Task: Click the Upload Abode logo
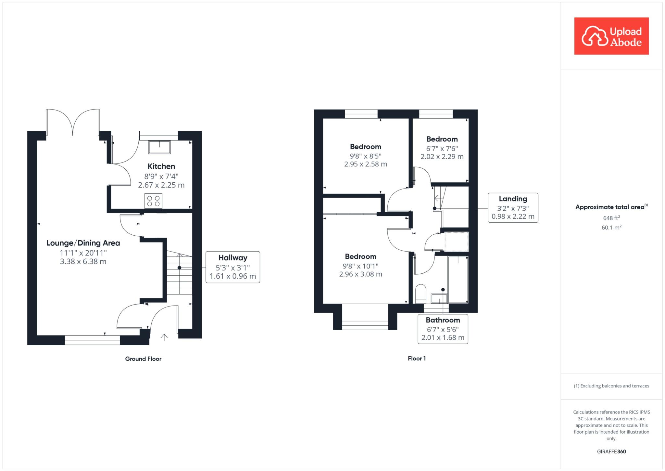611,36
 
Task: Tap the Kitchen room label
161,166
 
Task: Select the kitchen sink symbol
159,147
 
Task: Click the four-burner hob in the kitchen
154,201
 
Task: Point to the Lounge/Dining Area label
83,243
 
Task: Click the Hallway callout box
233,267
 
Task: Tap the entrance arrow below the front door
164,337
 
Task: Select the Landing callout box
513,208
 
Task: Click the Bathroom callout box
443,329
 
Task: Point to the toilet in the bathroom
421,294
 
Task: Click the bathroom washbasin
439,298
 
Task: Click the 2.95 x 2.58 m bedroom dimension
366,164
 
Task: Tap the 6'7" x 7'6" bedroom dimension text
442,149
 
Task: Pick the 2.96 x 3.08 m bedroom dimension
361,274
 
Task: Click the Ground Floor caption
143,359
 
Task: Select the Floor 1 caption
417,359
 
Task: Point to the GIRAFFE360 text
611,451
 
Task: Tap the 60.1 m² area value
611,228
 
